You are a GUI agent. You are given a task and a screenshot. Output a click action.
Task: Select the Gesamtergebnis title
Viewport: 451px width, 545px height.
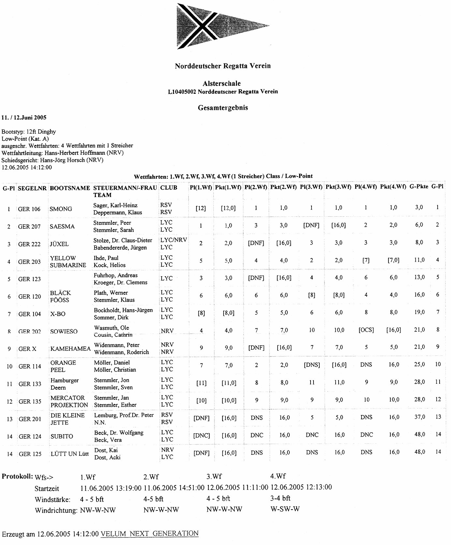click(223, 108)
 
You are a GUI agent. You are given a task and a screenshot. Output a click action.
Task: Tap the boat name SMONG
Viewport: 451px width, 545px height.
click(61, 209)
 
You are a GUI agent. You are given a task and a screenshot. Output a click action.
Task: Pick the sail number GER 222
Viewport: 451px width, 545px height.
click(30, 244)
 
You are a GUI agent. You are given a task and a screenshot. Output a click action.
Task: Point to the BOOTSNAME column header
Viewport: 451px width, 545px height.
click(70, 188)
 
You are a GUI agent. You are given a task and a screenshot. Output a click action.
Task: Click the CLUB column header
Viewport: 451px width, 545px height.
click(169, 188)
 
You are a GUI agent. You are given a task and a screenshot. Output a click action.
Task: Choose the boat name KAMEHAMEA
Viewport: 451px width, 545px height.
click(70, 349)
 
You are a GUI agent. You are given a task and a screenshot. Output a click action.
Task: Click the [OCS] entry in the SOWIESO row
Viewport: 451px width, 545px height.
click(366, 330)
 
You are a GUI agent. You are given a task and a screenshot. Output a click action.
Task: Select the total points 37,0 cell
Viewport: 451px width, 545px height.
click(419, 417)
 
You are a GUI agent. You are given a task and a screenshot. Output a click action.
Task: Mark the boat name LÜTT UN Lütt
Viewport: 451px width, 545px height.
click(69, 454)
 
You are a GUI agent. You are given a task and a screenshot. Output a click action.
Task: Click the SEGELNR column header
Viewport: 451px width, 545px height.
click(32, 188)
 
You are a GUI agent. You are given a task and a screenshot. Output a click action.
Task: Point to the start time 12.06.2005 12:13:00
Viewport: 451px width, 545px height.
click(301, 487)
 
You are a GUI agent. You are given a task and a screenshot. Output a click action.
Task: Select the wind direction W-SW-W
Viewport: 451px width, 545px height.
click(285, 509)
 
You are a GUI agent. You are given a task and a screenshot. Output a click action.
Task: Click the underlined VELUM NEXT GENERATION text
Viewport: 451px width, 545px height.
click(150, 534)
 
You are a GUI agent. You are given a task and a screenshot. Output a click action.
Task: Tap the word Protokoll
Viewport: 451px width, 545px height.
click(17, 476)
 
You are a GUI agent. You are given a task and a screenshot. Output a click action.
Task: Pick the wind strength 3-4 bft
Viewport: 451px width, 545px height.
click(280, 498)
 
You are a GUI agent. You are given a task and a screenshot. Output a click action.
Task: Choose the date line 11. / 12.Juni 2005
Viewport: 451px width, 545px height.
click(24, 118)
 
